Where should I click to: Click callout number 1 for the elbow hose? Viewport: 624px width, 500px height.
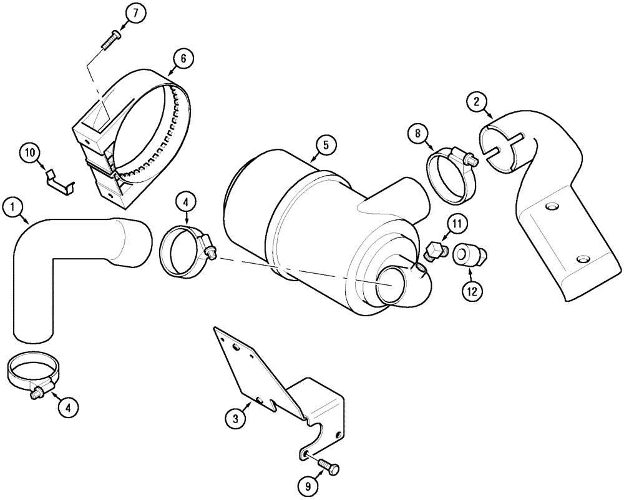12,207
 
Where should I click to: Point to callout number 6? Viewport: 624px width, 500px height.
183,59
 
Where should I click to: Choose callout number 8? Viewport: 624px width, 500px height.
417,132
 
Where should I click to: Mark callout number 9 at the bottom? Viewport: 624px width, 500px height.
310,484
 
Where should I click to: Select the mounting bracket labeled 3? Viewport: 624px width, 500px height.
281,387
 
